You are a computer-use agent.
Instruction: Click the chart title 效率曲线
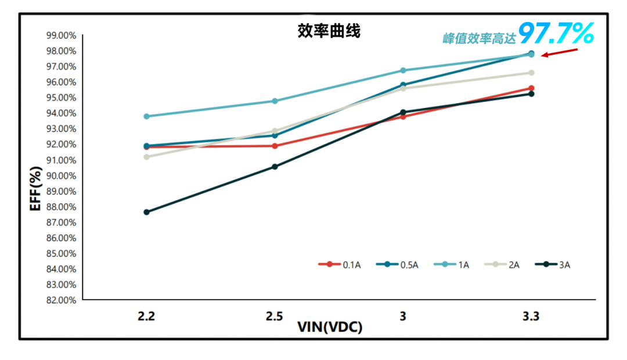coord(329,31)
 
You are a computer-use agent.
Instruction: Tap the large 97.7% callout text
coord(556,34)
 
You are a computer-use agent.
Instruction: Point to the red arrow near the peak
coord(560,53)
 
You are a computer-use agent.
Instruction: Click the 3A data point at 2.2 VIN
coord(147,212)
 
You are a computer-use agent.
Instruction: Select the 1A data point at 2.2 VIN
coord(147,116)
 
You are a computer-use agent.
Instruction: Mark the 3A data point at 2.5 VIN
coord(275,167)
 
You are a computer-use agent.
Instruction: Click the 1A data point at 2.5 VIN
coord(275,101)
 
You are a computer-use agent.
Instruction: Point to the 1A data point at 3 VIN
coord(403,70)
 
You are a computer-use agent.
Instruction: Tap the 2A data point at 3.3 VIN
coord(531,73)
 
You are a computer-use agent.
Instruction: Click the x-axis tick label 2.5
coord(275,316)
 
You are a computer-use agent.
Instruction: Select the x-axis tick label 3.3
coord(531,316)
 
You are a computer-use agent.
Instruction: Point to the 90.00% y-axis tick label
coord(60,175)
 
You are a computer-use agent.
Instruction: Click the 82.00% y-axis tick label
coord(60,300)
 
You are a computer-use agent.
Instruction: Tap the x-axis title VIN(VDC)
coord(330,327)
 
